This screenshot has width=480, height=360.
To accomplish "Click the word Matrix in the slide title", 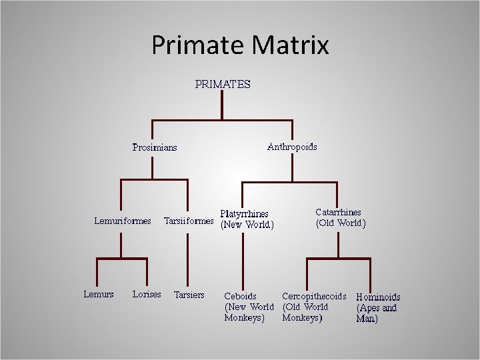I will (x=291, y=45).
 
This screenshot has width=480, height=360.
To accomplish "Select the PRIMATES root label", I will (x=223, y=85).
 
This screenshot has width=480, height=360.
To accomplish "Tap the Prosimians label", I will (x=155, y=147).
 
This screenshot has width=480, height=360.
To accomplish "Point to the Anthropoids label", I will (x=292, y=147).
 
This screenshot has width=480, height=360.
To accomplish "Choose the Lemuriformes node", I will (x=122, y=221).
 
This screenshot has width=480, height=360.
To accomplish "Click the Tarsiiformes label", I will (x=189, y=221).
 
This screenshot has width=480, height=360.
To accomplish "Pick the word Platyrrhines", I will (x=245, y=214).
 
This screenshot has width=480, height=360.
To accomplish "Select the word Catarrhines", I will (x=338, y=213).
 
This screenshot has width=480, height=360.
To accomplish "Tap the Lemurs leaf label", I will (x=99, y=294).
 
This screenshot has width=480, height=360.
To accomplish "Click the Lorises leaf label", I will (x=147, y=294).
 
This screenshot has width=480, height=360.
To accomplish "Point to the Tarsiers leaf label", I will (x=189, y=295).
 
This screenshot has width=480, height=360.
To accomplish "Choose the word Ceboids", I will (x=241, y=296).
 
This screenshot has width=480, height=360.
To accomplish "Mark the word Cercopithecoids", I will (x=314, y=296).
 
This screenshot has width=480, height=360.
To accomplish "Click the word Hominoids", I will (x=379, y=297).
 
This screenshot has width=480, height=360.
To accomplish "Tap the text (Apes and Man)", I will (x=377, y=313).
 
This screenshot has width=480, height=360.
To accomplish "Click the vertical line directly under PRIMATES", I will (x=222, y=105).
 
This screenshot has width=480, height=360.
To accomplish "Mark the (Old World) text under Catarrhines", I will (x=340, y=223).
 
